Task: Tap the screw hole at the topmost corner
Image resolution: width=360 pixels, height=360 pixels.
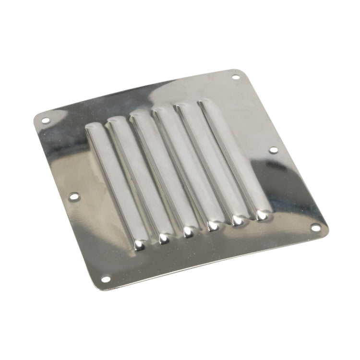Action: (x=236, y=77)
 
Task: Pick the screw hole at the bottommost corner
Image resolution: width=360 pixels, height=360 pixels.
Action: (x=105, y=279)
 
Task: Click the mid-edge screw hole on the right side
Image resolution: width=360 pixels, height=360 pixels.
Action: (x=273, y=150)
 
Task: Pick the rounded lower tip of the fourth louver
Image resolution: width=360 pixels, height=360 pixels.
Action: (x=213, y=226)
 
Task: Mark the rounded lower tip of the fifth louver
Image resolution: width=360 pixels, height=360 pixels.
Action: (x=238, y=220)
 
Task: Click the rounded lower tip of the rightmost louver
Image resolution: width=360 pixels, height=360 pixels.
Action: (x=262, y=215)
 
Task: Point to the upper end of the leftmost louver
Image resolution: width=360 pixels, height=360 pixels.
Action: (x=92, y=127)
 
